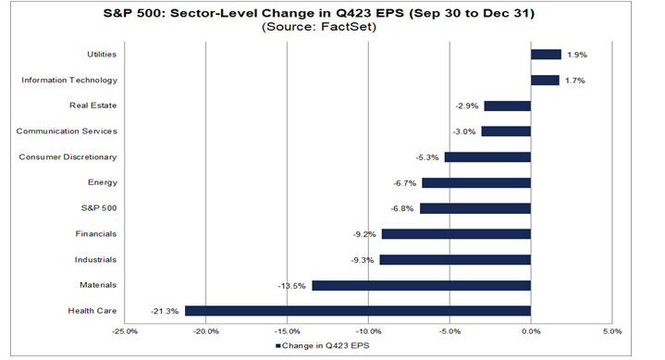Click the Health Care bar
357,311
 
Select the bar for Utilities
546,55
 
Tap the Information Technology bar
545,81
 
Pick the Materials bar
421,285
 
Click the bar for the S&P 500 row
474,208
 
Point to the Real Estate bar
507,106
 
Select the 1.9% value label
575,55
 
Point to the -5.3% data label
429,157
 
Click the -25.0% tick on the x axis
125,330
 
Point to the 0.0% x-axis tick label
530,330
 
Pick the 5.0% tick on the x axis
611,330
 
